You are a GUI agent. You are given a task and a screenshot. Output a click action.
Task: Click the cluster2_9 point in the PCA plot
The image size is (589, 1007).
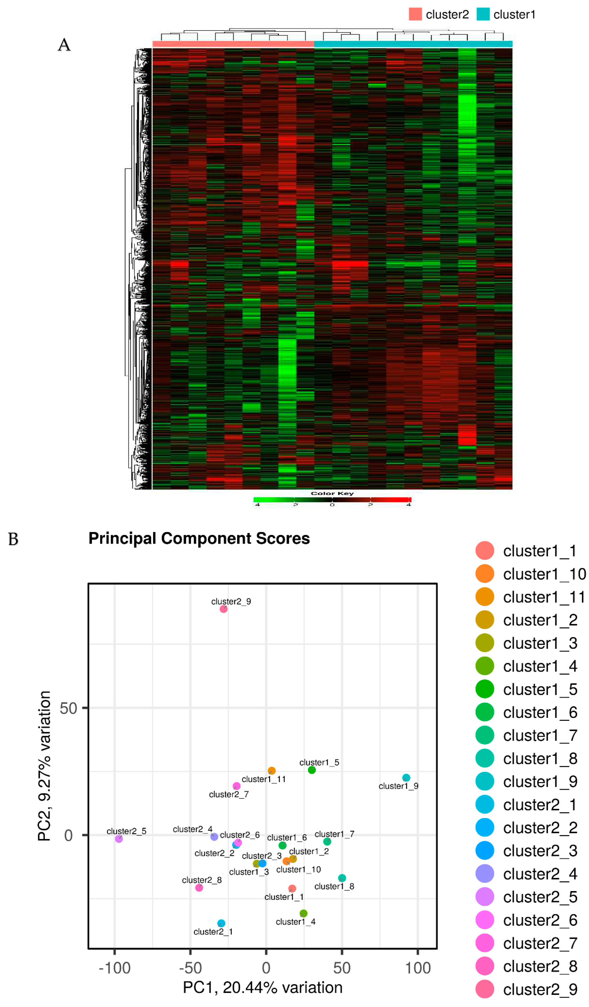pyautogui.click(x=224, y=609)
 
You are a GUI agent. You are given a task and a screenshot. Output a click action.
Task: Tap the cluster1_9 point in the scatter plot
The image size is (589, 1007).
pyautogui.click(x=406, y=778)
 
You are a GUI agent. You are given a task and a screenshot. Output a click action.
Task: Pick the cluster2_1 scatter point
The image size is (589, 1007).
pyautogui.click(x=221, y=923)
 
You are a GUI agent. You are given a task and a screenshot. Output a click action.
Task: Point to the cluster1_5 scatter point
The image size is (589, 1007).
pyautogui.click(x=312, y=770)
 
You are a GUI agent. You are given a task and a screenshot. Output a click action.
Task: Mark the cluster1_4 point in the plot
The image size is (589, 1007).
pyautogui.click(x=304, y=913)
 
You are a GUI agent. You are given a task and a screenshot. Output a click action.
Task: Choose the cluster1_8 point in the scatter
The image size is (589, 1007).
pyautogui.click(x=342, y=878)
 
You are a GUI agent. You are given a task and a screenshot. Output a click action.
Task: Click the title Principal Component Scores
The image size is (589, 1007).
pyautogui.click(x=199, y=538)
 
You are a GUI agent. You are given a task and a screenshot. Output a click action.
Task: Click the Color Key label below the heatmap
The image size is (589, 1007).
pyautogui.click(x=332, y=494)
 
